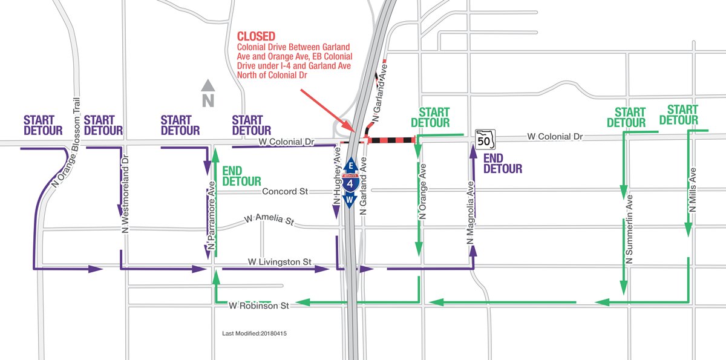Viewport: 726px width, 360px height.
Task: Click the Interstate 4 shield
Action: click(350, 181)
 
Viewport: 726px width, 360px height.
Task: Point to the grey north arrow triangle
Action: click(208, 86)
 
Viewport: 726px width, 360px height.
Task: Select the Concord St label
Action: click(285, 192)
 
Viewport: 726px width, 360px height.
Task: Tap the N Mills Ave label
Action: click(693, 189)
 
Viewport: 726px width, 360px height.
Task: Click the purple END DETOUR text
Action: click(503, 163)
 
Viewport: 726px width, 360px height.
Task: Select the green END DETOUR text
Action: click(242, 175)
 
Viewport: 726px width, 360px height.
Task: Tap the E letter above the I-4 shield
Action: click(350, 165)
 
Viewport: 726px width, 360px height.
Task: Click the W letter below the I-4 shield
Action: click(350, 198)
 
